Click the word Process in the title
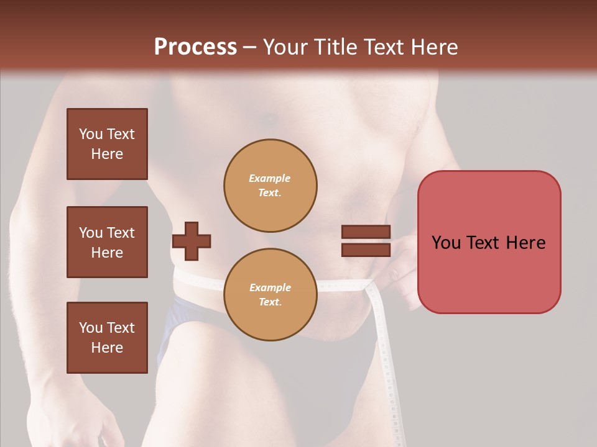coord(195,47)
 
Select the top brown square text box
coord(107,144)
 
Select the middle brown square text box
coord(107,242)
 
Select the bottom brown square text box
coord(107,338)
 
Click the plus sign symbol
coord(192,241)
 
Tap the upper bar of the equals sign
coord(366,232)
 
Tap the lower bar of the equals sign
coord(366,250)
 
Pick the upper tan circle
coord(271,186)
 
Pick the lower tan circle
coord(271,295)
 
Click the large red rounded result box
coord(489,242)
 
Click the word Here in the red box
coord(525,243)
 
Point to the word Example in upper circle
coord(270,178)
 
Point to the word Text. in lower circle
coord(270,302)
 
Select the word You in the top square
coord(90,134)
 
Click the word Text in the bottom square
coord(121,328)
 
